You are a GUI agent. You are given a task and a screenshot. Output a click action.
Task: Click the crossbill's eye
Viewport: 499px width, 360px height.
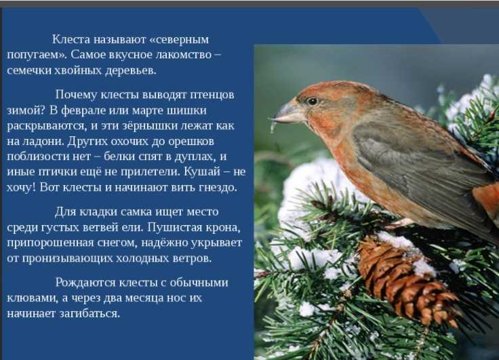point(312,101)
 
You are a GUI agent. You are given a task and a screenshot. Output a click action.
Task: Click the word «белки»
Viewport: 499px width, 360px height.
point(119,157)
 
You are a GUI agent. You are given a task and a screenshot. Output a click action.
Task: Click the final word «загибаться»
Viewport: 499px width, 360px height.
point(89,313)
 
